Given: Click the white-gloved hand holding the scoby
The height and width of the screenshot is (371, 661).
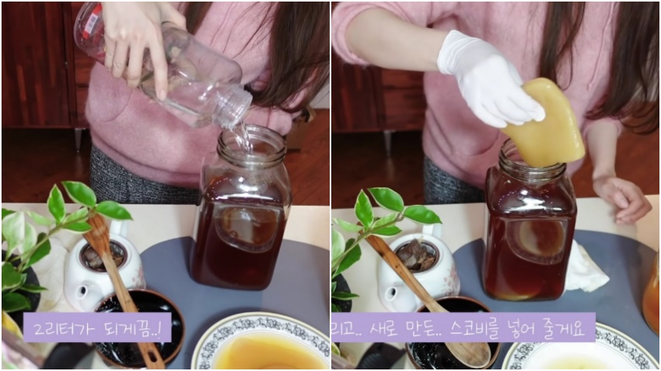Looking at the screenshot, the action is pyautogui.click(x=489, y=80).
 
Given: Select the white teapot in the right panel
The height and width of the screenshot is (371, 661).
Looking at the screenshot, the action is pyautogui.click(x=418, y=269).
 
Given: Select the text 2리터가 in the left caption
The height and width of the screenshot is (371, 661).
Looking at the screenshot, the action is pyautogui.click(x=59, y=328).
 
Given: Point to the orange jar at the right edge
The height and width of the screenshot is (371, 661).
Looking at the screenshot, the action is pyautogui.click(x=652, y=290).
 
